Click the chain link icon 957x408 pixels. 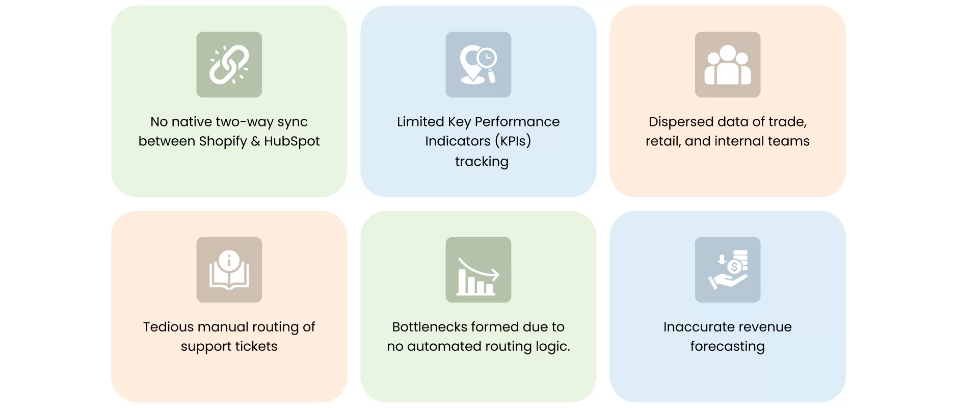[x=229, y=65]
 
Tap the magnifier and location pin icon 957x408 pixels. [x=478, y=65]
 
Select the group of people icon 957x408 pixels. [x=727, y=65]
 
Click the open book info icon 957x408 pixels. [x=229, y=270]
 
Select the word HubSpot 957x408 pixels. [x=292, y=141]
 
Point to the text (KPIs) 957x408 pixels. [x=513, y=141]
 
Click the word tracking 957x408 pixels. [x=482, y=162]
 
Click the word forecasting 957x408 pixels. [x=727, y=347]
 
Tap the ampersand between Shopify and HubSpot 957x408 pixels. [x=255, y=141]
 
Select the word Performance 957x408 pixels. [x=517, y=122]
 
